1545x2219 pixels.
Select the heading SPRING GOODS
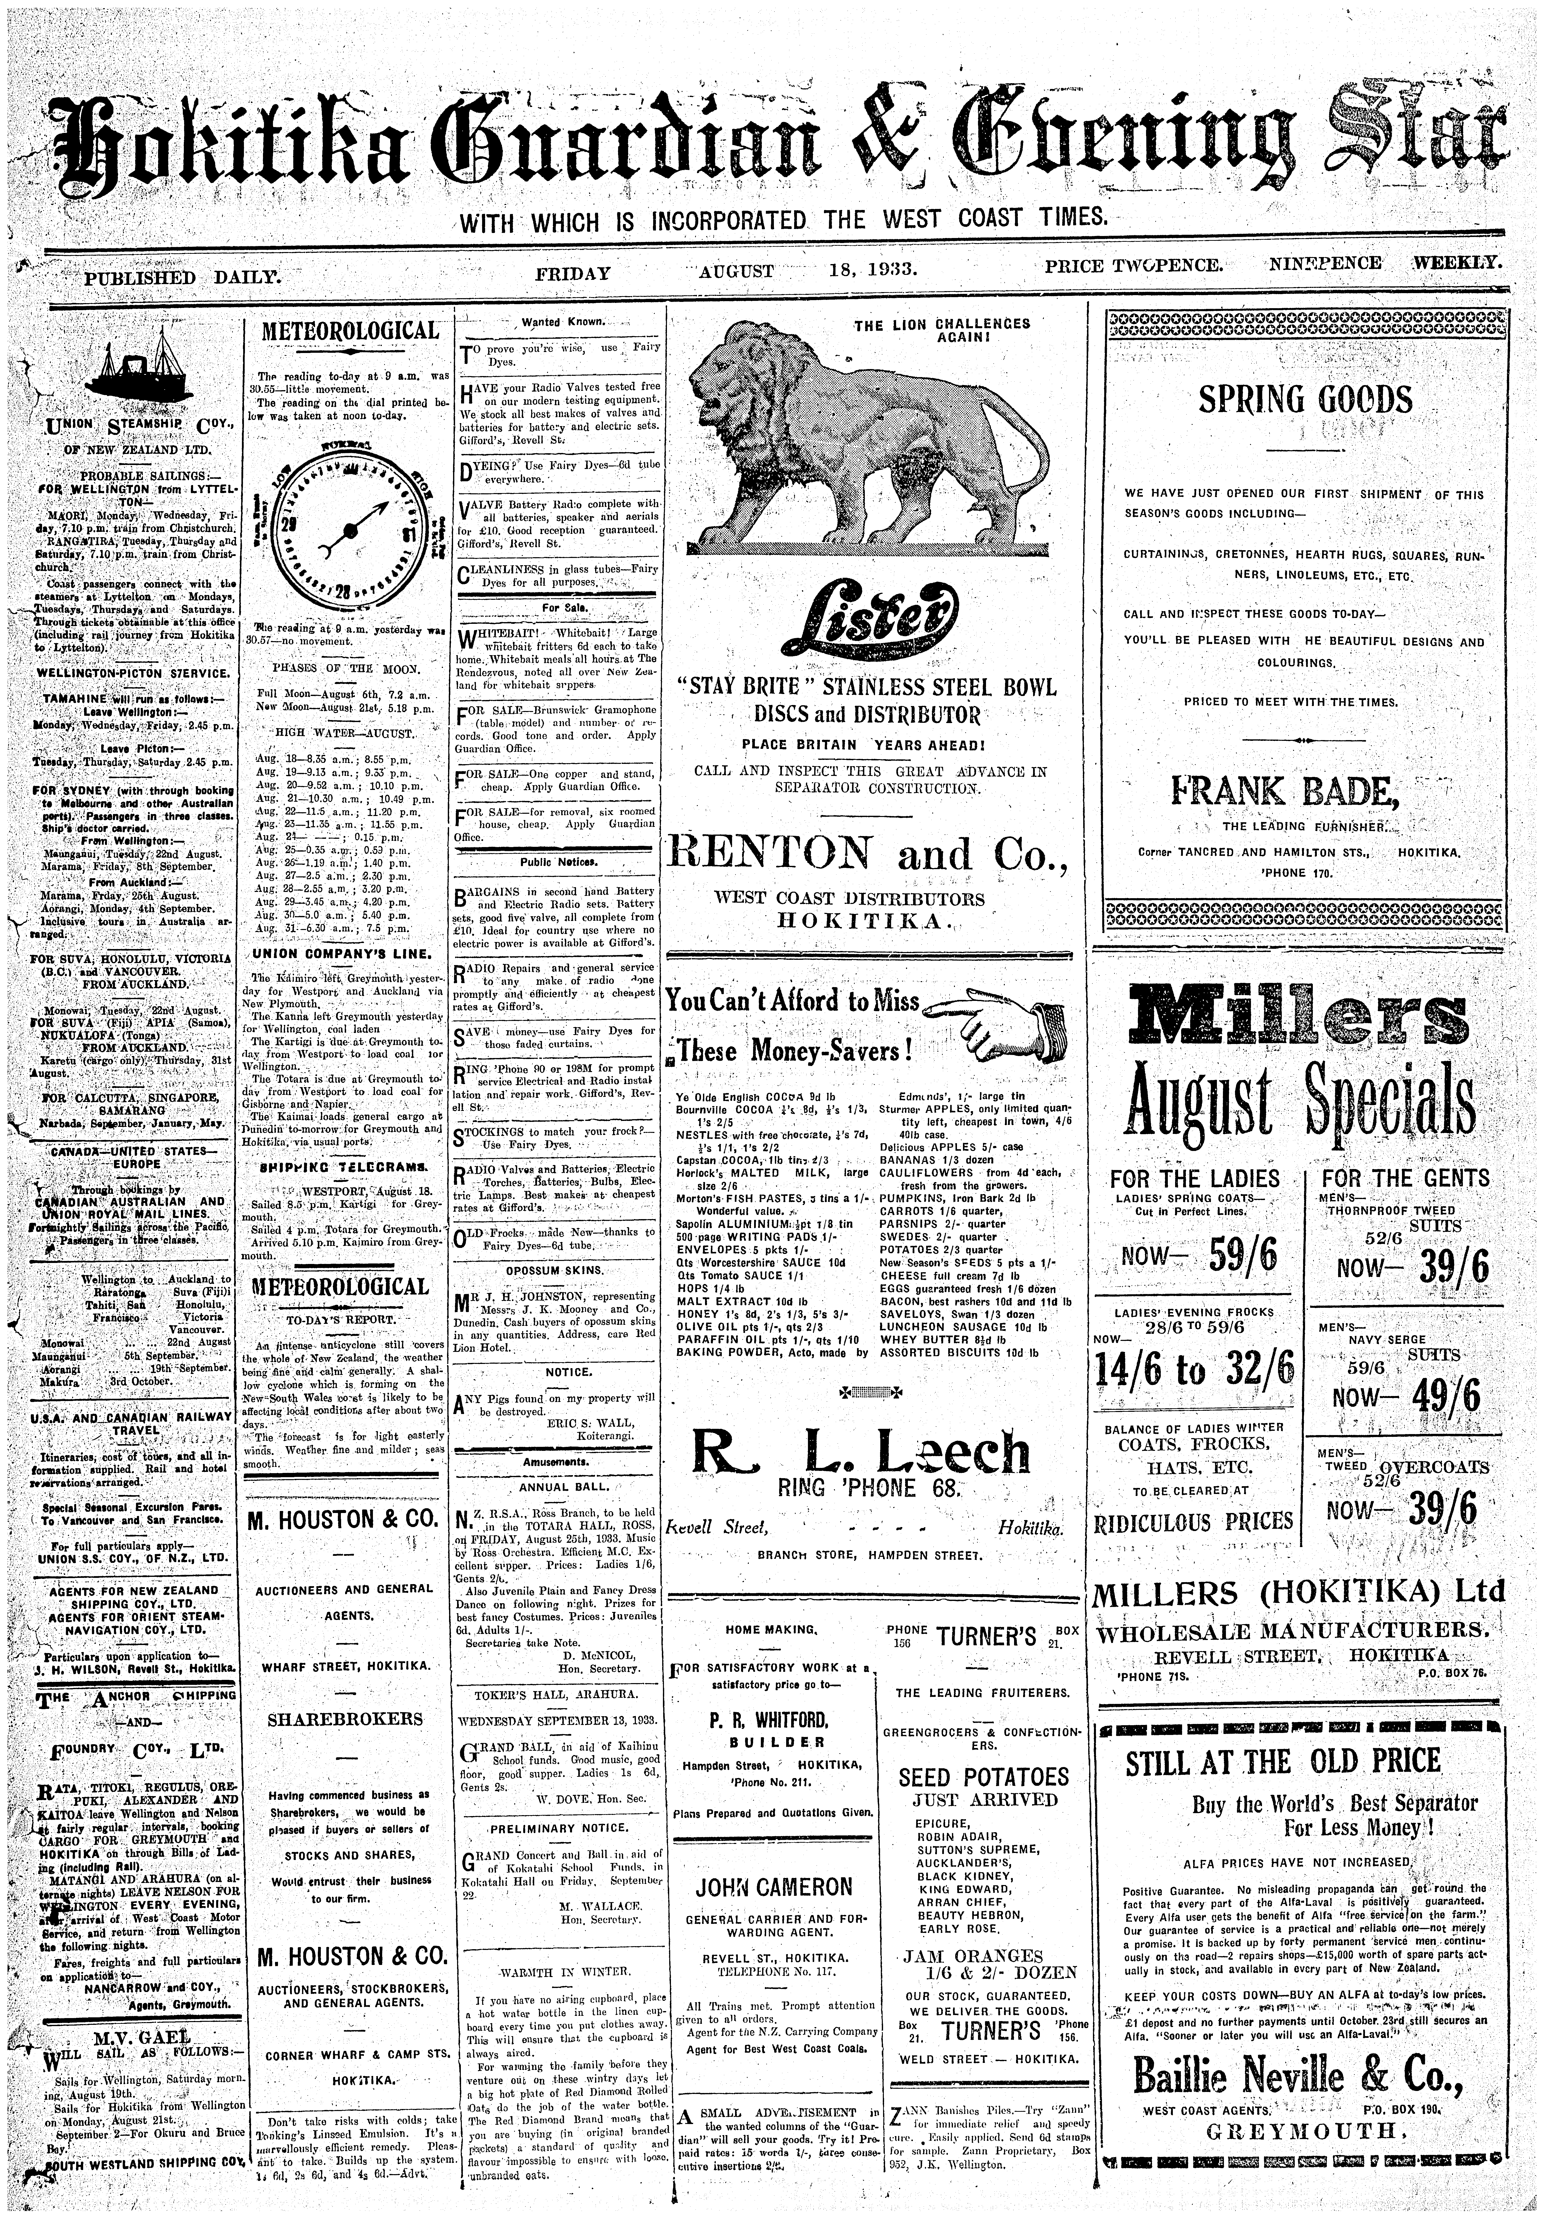tap(1304, 399)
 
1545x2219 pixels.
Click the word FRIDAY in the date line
tap(573, 274)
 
